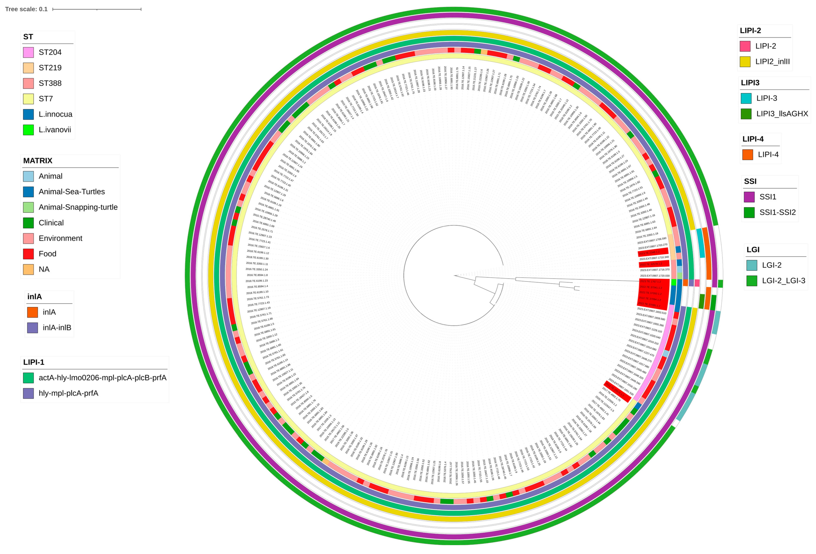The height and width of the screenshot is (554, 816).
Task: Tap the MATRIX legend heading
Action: pos(38,161)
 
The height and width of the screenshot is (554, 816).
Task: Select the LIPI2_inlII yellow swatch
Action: pos(745,62)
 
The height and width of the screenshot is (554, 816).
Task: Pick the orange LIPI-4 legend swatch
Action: pos(748,154)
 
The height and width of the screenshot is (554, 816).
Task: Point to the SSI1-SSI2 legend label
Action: pos(777,212)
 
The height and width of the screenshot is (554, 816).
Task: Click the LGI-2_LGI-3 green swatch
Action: pos(752,281)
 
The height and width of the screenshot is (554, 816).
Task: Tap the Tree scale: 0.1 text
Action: pos(26,9)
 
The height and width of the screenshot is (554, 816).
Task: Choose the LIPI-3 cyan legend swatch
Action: pos(746,98)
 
